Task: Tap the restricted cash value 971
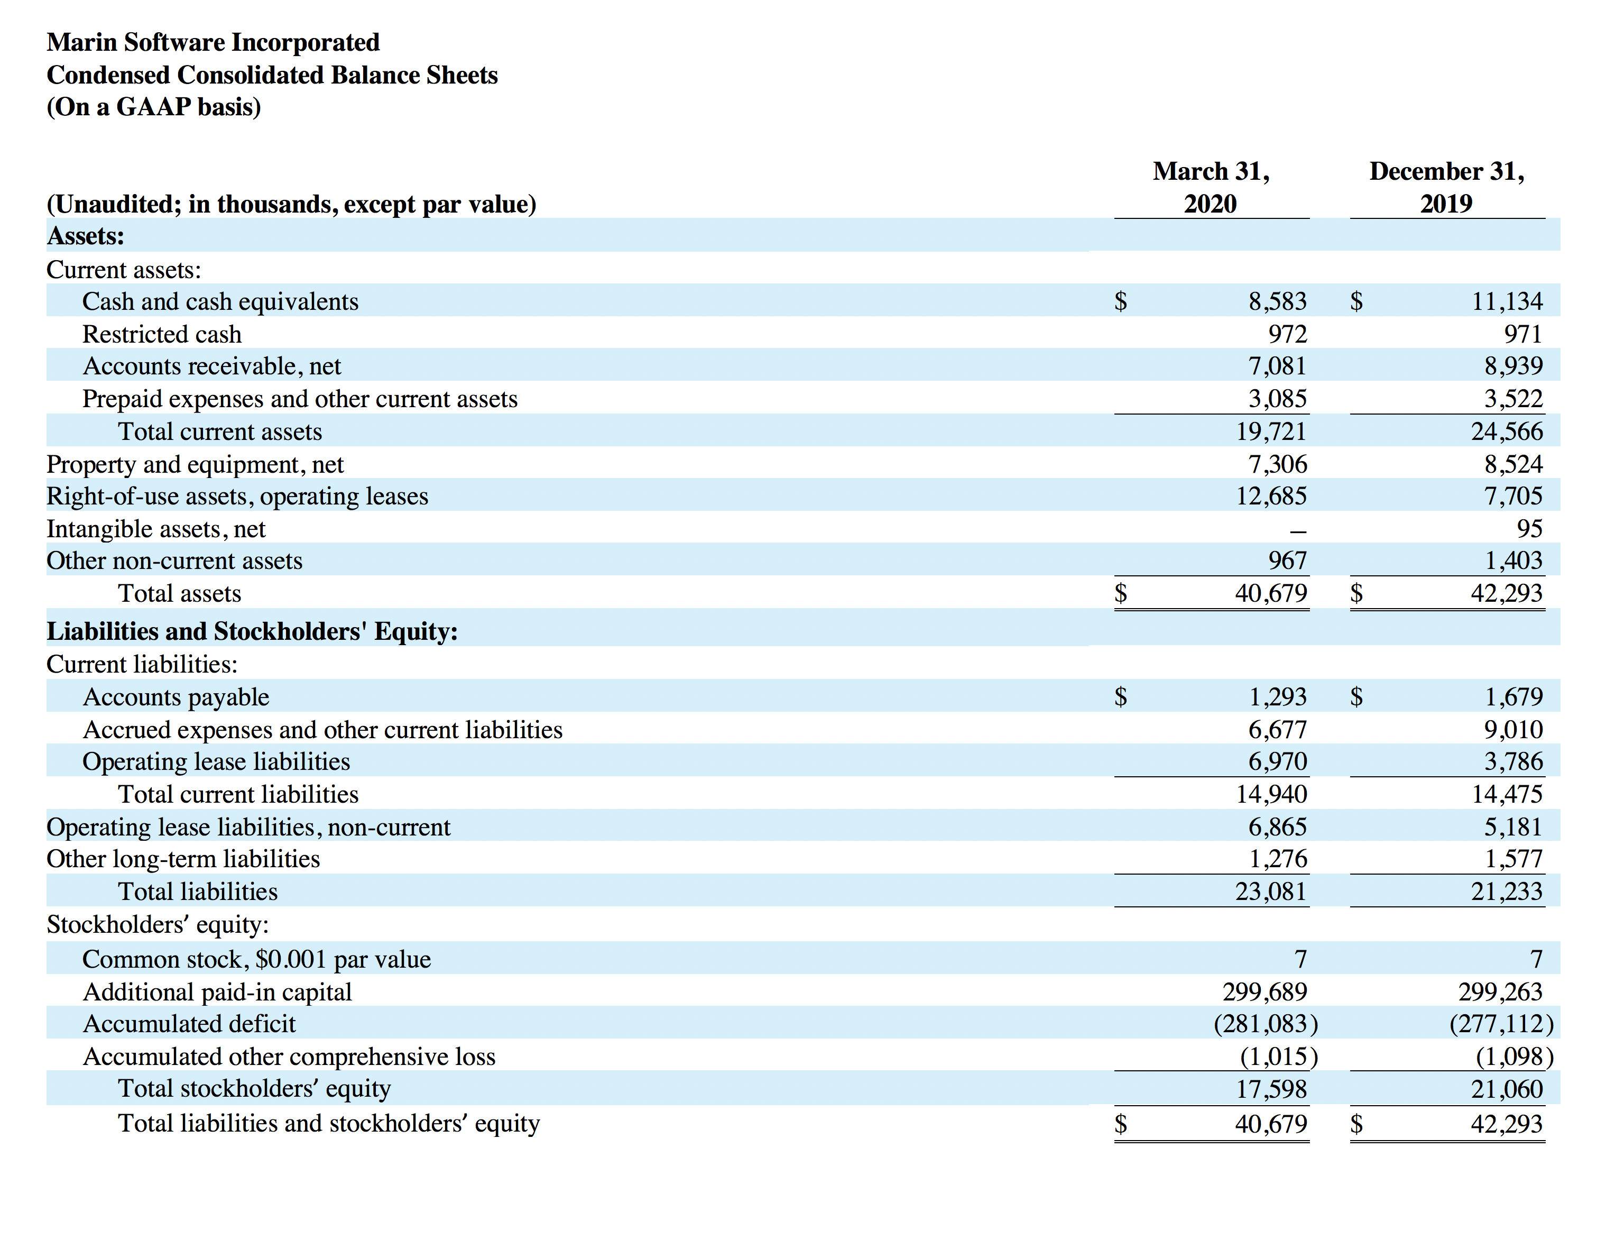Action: click(x=1523, y=334)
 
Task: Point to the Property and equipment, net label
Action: click(x=195, y=464)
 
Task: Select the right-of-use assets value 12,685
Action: click(x=1271, y=496)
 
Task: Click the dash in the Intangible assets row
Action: click(x=1299, y=530)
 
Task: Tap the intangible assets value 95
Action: click(x=1529, y=528)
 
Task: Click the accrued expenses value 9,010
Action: click(x=1513, y=729)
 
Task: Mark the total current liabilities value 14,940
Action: click(x=1271, y=794)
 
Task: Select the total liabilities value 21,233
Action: click(x=1507, y=891)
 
